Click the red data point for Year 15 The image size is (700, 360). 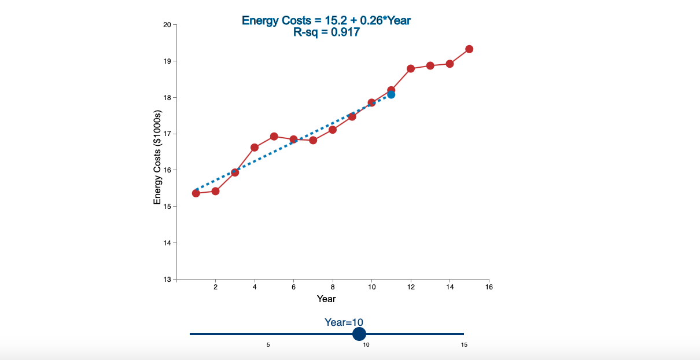point(469,49)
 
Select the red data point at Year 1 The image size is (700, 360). point(196,193)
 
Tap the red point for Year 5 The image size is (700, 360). point(274,137)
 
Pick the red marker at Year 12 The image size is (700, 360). point(411,68)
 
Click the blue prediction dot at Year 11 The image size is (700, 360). point(391,94)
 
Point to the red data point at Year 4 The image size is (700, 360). point(255,148)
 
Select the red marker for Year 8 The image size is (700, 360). point(333,130)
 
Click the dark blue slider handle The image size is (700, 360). point(359,334)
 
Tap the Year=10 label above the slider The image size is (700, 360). point(344,322)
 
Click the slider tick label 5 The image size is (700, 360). point(268,345)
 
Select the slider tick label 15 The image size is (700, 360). point(464,345)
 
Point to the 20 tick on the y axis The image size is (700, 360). point(167,25)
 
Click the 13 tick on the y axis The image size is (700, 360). point(167,279)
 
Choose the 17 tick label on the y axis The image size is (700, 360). point(167,134)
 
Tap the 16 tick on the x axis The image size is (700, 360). point(489,286)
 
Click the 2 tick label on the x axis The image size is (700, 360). point(216,286)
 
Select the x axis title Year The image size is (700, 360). point(326,299)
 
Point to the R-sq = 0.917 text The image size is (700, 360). point(326,32)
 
